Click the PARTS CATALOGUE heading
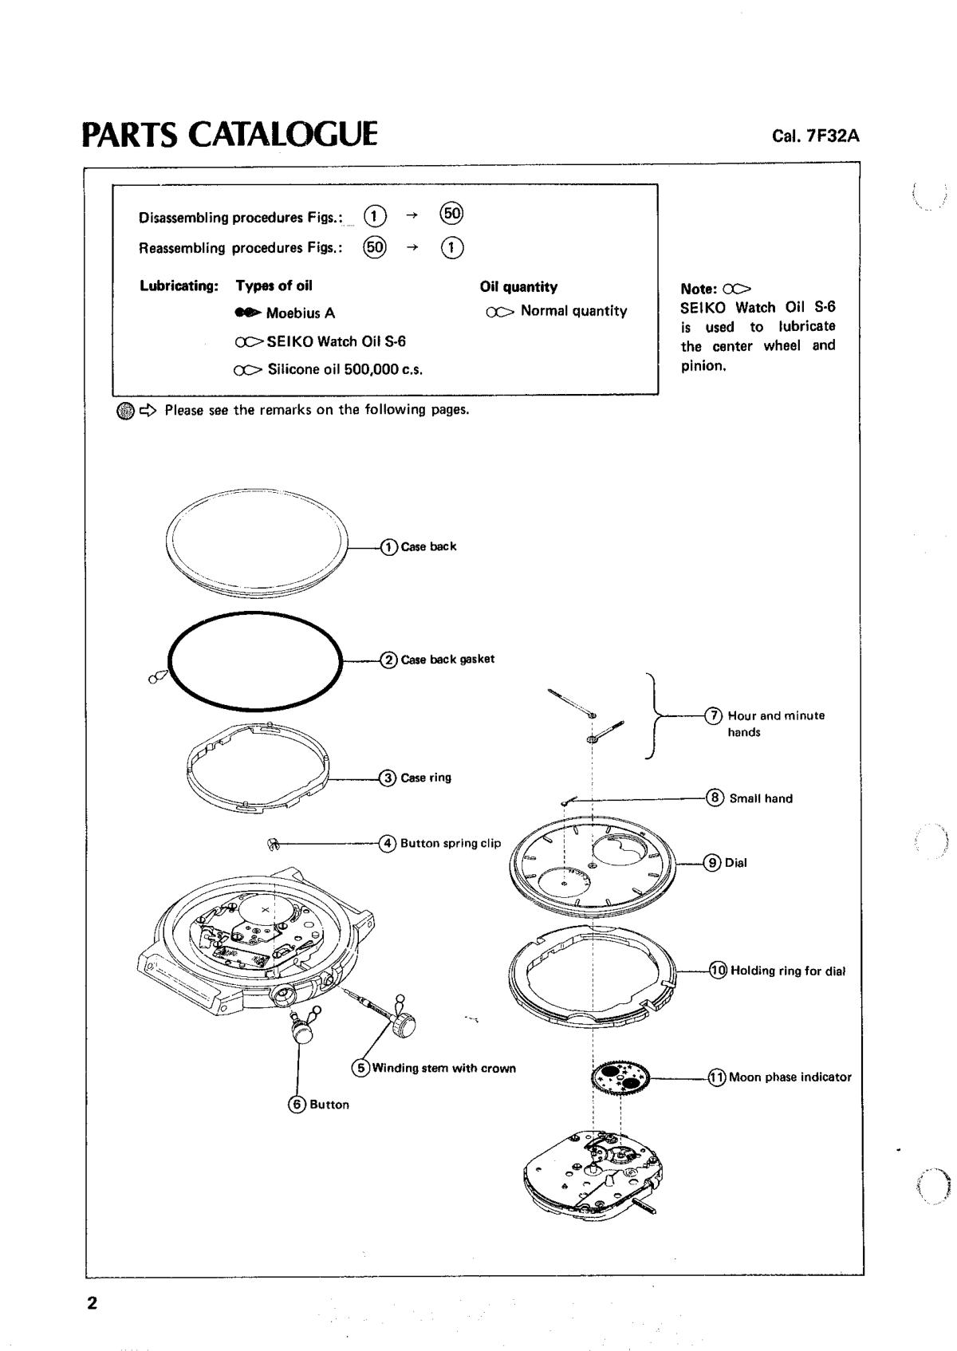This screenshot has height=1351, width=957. tap(230, 134)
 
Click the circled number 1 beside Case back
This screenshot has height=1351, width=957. tap(389, 547)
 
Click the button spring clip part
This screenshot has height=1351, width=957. tap(271, 843)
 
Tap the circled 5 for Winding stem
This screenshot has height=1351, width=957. tap(361, 1068)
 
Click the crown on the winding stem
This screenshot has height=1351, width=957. tap(405, 1020)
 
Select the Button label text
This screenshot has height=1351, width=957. tap(329, 1105)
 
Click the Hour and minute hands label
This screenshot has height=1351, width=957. tap(775, 723)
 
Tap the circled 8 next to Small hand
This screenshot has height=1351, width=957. tap(715, 798)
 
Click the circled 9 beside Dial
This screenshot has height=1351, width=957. tap(713, 863)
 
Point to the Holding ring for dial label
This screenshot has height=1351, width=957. tap(788, 971)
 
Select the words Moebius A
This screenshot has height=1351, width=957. tap(301, 313)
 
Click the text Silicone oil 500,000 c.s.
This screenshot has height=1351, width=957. tap(345, 370)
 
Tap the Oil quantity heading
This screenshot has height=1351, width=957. tap(518, 287)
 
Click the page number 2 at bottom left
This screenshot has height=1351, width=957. tap(92, 1303)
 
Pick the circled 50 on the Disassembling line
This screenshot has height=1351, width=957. tap(452, 215)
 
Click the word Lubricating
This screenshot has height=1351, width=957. tap(179, 286)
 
